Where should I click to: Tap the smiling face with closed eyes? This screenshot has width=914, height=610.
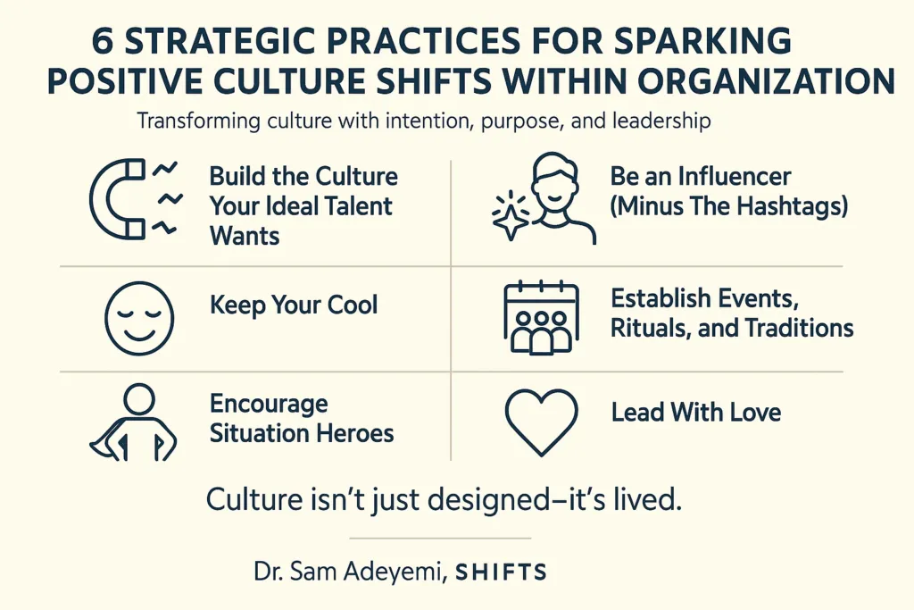[x=139, y=319]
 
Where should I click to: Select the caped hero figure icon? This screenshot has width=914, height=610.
[x=133, y=422]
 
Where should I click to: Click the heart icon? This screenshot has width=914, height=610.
[x=542, y=421]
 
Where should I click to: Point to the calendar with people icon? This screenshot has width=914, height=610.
[x=541, y=318]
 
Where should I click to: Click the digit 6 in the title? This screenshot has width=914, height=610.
[x=104, y=42]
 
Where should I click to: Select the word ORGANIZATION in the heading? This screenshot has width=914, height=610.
[x=767, y=81]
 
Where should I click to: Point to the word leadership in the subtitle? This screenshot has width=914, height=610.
[x=661, y=121]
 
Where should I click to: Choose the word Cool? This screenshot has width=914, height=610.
[x=352, y=305]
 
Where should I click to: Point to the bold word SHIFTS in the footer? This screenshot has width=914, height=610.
[x=502, y=572]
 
